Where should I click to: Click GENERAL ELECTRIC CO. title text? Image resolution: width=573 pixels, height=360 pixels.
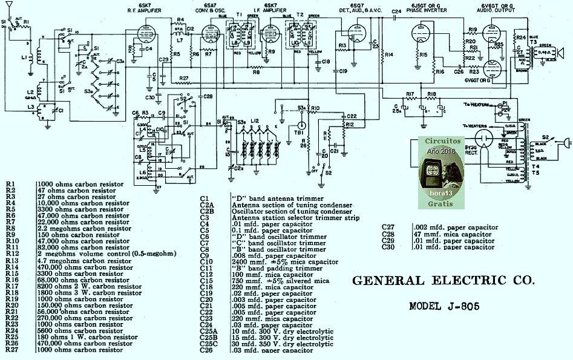click(443, 281)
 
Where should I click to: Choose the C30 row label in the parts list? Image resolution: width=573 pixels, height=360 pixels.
click(388, 247)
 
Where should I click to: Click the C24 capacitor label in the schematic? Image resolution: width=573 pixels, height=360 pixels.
click(396, 11)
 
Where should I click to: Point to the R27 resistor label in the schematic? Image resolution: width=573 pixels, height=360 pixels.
click(185, 79)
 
